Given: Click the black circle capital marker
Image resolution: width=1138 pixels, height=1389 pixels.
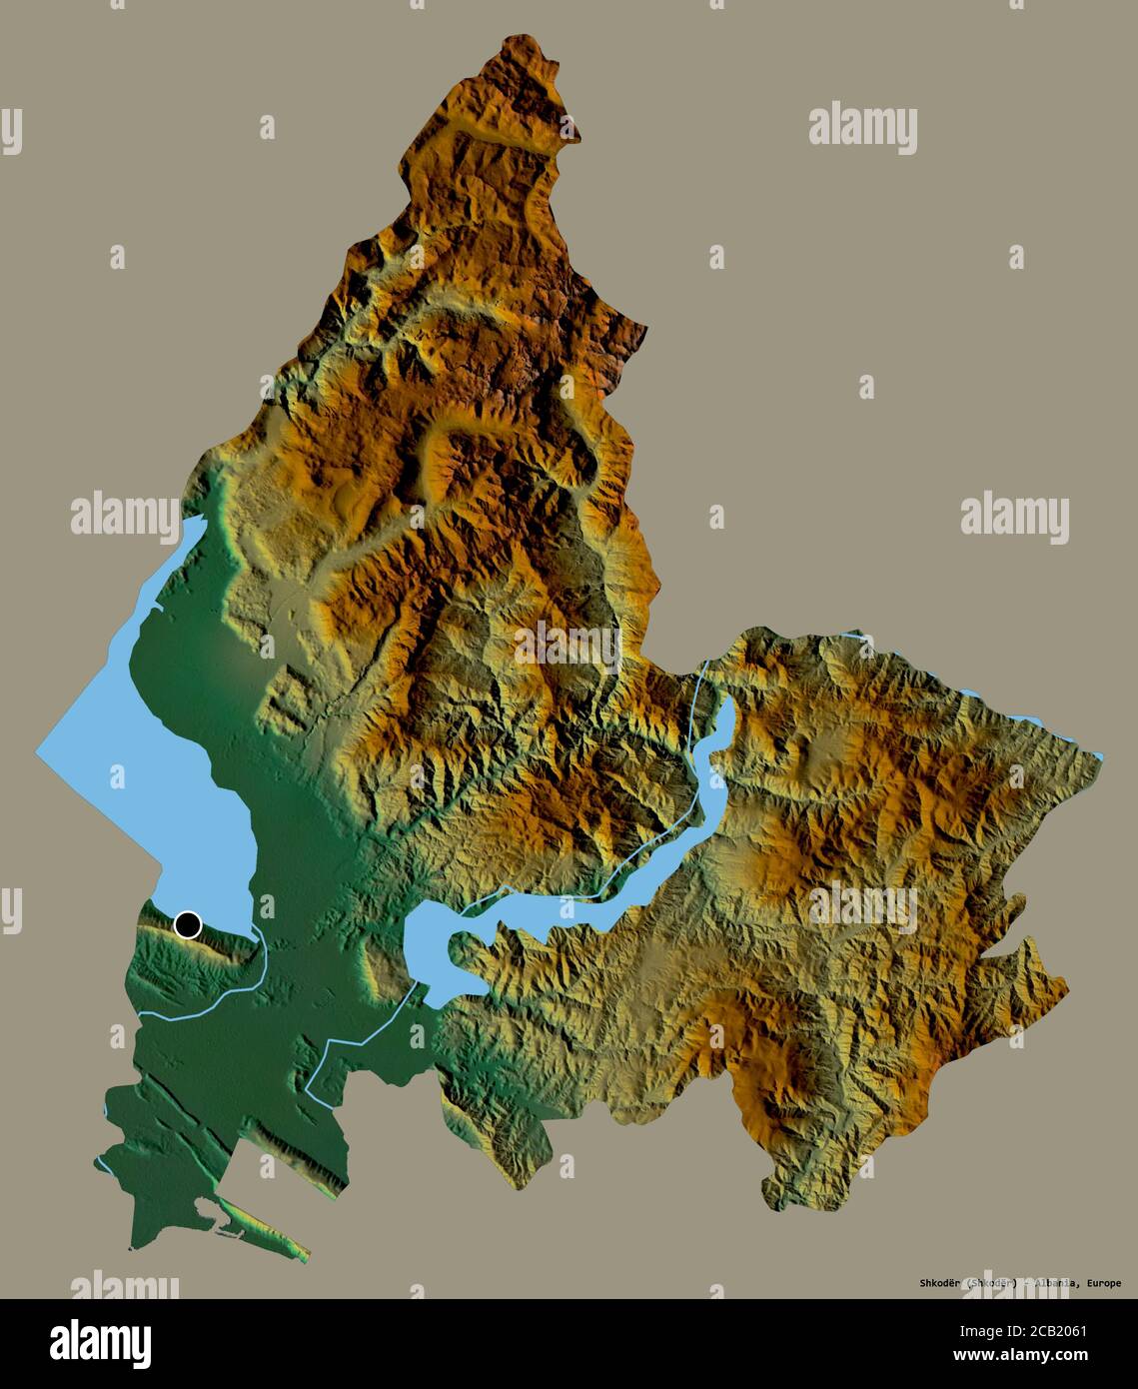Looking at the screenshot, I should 187,924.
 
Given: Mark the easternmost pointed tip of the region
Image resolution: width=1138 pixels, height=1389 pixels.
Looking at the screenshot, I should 1101,755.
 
